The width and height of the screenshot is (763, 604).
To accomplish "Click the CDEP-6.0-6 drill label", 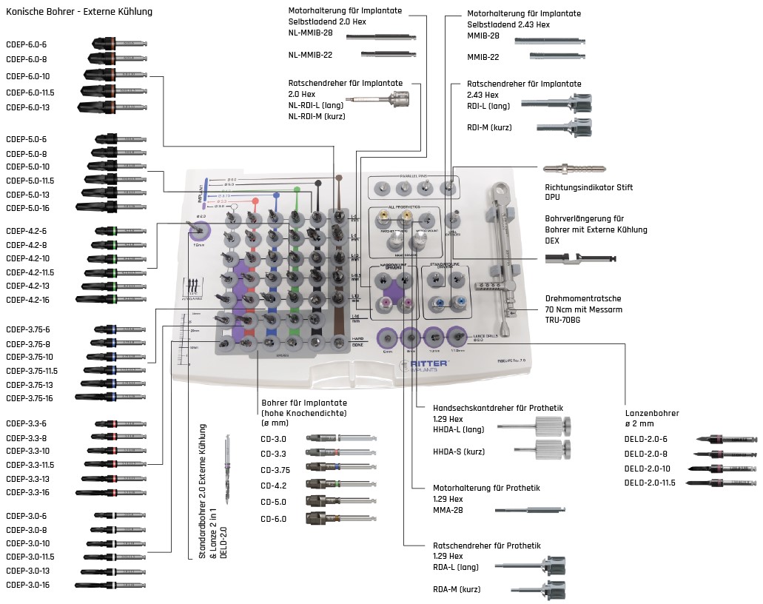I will (27, 44).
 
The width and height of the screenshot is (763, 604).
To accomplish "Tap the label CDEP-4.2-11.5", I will (30, 272).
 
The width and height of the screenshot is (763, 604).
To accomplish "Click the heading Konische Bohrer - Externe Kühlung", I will (79, 12).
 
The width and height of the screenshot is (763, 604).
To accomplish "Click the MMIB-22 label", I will (483, 57).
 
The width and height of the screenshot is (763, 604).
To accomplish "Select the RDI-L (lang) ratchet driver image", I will (557, 104).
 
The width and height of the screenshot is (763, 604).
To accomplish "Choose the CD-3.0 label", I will (274, 439).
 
